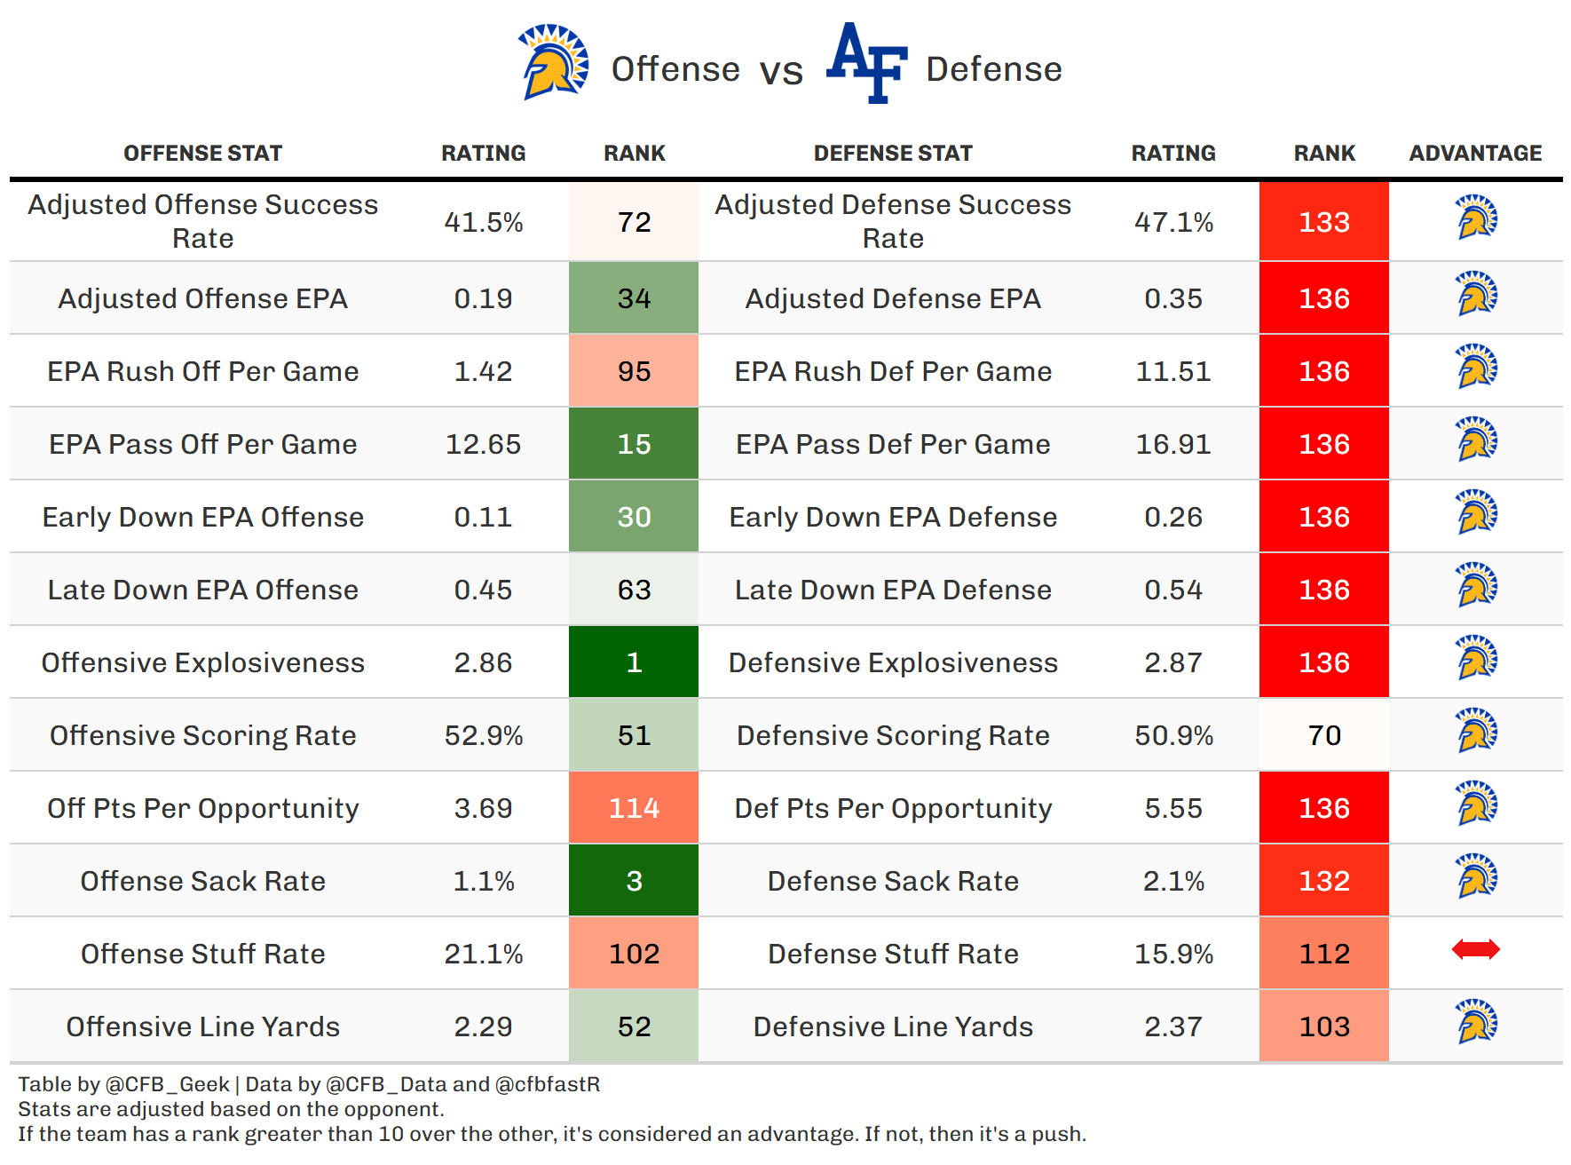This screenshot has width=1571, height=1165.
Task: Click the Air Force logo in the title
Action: coord(866,63)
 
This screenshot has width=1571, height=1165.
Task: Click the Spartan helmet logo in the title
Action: coord(554,62)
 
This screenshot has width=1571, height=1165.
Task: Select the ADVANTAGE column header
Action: coord(1475,154)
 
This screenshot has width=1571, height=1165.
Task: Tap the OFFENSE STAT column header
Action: coord(202,154)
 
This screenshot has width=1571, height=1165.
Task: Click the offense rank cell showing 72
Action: coord(634,222)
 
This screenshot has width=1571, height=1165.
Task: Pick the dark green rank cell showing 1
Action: coord(634,662)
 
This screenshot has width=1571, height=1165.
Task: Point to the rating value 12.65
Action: coord(483,444)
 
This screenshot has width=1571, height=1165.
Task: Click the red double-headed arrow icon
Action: coord(1475,950)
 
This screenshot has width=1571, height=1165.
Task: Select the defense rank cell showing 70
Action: coord(1324,735)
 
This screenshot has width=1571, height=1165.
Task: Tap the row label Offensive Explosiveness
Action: coord(202,662)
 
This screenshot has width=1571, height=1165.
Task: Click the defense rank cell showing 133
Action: coord(1324,222)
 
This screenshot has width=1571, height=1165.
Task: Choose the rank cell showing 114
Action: coord(634,808)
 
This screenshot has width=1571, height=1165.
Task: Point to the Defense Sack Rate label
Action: coord(893,881)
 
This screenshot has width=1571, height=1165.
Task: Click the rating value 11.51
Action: coord(1173,371)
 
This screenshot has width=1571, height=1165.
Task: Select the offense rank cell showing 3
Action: coord(634,881)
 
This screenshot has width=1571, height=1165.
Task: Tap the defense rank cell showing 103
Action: coord(1324,1026)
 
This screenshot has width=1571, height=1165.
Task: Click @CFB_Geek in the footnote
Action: coord(168,1084)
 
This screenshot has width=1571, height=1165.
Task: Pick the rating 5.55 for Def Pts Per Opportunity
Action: coord(1173,808)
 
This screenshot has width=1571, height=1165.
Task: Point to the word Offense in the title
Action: coord(675,69)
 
